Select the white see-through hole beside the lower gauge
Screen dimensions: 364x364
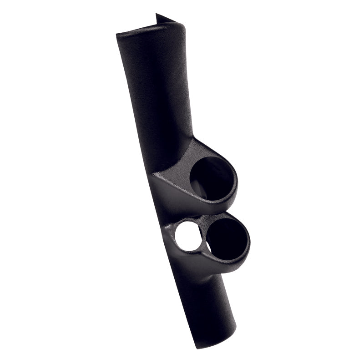pyautogui.click(x=187, y=237)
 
